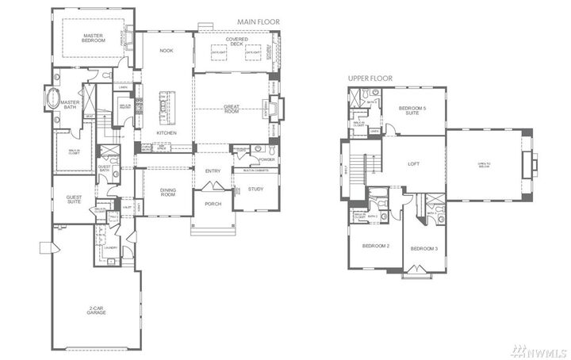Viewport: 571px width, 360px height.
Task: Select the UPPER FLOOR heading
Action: (372, 80)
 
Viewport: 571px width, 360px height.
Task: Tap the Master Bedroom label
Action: (94, 37)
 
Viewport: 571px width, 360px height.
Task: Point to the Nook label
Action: (166, 51)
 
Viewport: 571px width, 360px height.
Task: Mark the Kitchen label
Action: (166, 133)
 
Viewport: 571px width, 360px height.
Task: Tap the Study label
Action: (255, 189)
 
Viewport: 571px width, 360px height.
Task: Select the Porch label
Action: (213, 204)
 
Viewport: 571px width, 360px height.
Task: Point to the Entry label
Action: (213, 171)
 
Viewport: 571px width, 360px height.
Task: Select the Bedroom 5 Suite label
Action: (412, 110)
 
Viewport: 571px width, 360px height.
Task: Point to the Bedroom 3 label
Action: (424, 249)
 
